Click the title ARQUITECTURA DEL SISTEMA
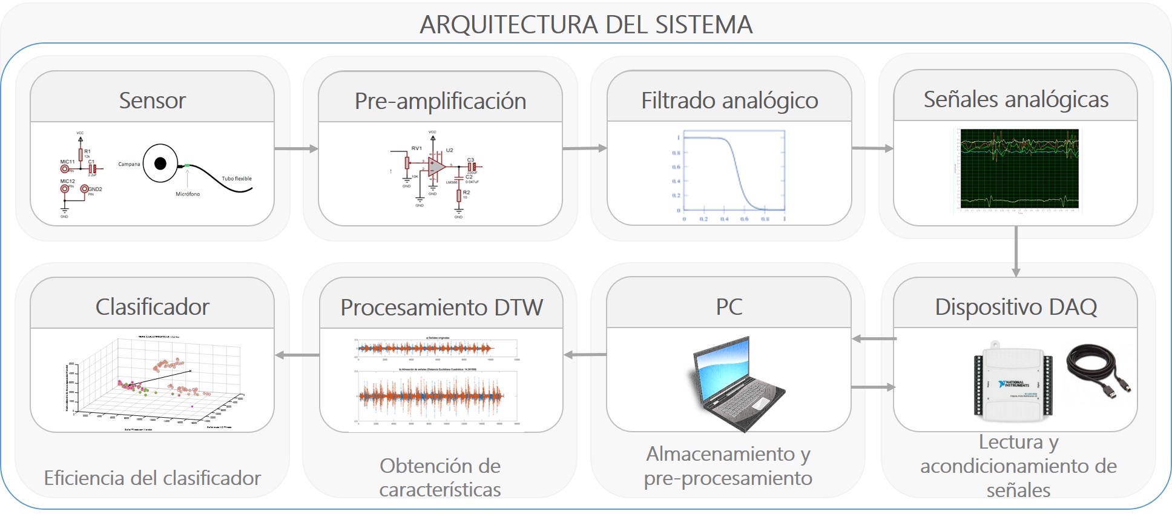coord(586,25)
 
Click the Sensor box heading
coord(152,100)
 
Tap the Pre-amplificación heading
coord(440,101)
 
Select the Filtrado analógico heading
coord(729,100)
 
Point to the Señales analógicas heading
coord(1016,99)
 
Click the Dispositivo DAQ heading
coord(1016,307)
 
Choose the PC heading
coord(729,307)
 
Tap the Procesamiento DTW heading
coord(441,308)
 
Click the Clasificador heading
coord(152,307)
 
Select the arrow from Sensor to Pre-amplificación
coord(296,148)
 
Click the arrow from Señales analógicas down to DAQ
coord(1016,251)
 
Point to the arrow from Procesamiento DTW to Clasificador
coord(297,355)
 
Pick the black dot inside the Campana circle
coord(160,163)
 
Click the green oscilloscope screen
coord(1019,169)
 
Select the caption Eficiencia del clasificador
coord(152,478)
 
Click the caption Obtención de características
coord(440,478)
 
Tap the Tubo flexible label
coord(237,179)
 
